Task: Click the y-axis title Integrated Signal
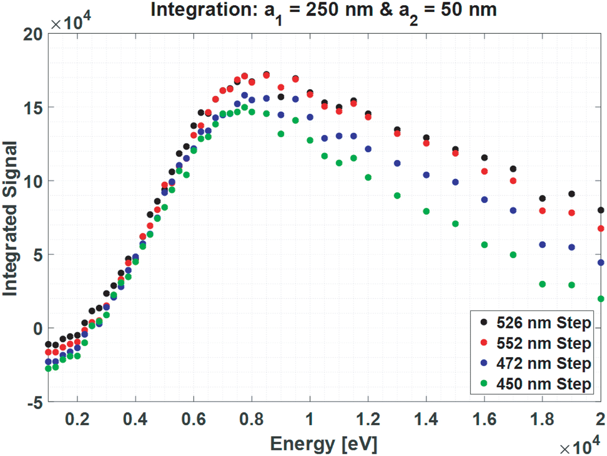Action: coord(10,219)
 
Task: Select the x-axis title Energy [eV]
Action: coord(323,444)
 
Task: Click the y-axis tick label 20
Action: coord(33,34)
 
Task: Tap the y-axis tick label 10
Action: coord(33,181)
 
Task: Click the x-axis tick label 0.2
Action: coord(77,419)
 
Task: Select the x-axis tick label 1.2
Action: coord(368,419)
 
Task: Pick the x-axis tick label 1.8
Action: coord(542,419)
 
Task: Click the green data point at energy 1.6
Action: coord(484,245)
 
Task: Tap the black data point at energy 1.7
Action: coord(513,169)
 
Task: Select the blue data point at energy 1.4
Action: coord(426,175)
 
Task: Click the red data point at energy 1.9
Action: coord(571,213)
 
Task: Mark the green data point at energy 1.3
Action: coord(397,196)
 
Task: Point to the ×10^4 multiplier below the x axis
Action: coord(579,446)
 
